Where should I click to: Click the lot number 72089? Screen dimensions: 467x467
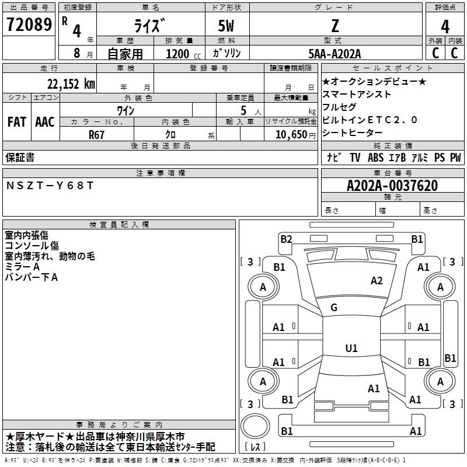[29, 25]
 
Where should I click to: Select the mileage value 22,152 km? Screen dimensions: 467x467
[71, 84]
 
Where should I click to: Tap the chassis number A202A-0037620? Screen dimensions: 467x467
[392, 186]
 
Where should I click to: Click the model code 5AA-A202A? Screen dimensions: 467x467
[334, 54]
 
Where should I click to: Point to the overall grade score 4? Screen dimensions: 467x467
[445, 26]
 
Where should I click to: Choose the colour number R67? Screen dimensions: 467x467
[96, 135]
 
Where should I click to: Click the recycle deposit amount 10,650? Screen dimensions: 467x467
[291, 134]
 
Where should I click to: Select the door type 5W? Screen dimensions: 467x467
[226, 26]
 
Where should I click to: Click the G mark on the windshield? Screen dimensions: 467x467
[334, 308]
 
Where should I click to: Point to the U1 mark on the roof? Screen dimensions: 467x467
[351, 348]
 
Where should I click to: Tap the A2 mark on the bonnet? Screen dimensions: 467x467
[377, 281]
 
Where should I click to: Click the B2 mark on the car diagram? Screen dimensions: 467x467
[286, 239]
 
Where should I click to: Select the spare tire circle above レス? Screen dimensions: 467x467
[255, 426]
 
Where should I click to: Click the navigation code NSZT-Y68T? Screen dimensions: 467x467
[50, 186]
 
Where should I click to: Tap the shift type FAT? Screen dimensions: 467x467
[17, 122]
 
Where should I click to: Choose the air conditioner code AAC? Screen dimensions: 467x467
[45, 122]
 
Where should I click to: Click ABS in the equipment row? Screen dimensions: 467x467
[375, 158]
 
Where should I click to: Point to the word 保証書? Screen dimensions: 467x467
[20, 157]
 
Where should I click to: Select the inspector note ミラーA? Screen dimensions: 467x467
[22, 267]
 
